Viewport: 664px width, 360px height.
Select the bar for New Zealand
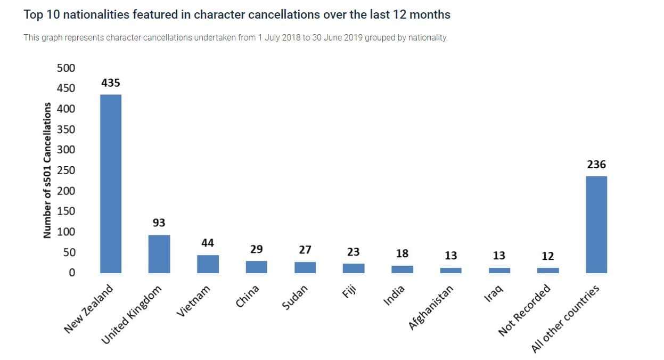tap(111, 184)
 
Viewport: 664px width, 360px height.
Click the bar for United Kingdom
tap(159, 254)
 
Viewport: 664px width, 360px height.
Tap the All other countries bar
tap(596, 224)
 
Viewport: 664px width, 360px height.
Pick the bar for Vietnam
tap(208, 264)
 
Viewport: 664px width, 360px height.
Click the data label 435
tap(111, 83)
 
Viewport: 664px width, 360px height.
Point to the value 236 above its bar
tap(596, 165)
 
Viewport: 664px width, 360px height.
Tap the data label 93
tap(159, 223)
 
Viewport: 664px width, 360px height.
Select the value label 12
tap(548, 256)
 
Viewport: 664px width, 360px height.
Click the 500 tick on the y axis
tap(67, 68)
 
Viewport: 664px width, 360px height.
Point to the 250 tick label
tap(67, 170)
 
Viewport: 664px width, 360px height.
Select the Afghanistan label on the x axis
tap(431, 307)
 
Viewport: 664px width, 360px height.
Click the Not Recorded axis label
tap(524, 310)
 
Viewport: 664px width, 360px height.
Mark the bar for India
tap(402, 269)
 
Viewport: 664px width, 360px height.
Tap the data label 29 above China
tap(256, 249)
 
